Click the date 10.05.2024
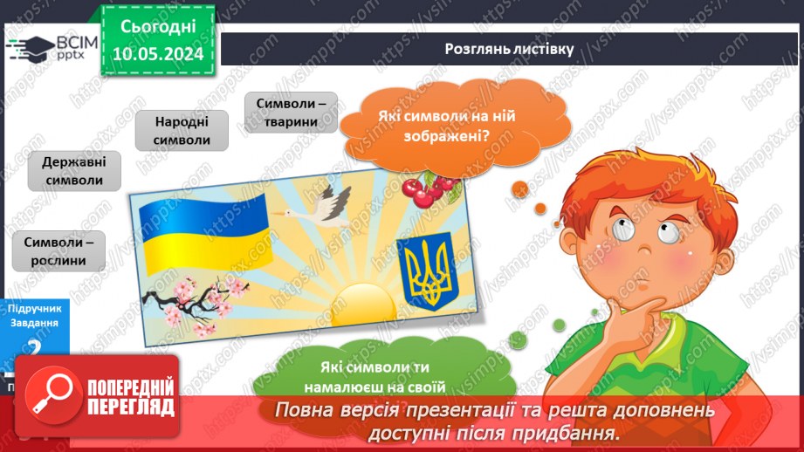pos(158,54)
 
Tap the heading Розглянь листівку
pos(508,49)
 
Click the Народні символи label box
pos(182,131)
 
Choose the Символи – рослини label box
pos(58,251)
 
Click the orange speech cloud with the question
pos(434,127)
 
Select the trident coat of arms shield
pos(424,271)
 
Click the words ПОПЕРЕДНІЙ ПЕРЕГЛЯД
pos(131,398)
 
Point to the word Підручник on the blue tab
pos(34,310)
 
